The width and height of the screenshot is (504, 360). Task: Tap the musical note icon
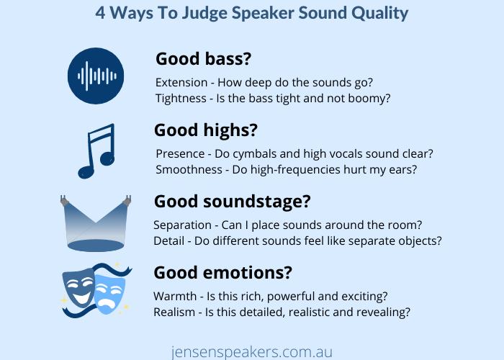click(96, 151)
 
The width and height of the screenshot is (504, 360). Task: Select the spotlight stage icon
click(96, 224)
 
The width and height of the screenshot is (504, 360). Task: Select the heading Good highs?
click(205, 130)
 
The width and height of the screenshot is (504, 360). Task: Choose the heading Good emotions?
click(222, 274)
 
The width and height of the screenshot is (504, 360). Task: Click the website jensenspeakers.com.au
click(251, 351)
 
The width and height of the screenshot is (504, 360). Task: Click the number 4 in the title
click(101, 13)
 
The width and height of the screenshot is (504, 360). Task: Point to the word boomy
click(369, 99)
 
